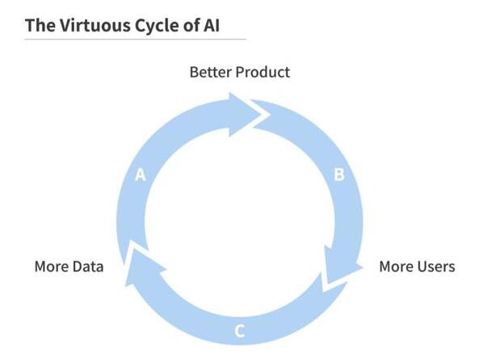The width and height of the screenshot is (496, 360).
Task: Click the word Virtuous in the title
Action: (x=95, y=25)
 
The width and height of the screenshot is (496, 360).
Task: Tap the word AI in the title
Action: (x=212, y=25)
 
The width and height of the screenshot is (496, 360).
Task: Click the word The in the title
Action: (x=40, y=25)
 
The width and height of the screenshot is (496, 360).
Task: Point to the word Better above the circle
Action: (x=210, y=72)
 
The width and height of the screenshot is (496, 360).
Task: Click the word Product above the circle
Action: (x=263, y=72)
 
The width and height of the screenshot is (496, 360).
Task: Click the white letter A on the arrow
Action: (x=140, y=175)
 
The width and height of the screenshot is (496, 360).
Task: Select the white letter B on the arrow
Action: (x=339, y=174)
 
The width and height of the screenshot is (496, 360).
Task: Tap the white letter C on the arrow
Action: (x=239, y=331)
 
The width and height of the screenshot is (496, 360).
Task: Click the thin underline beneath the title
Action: (x=136, y=40)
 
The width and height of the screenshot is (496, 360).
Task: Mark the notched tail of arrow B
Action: (x=260, y=114)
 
